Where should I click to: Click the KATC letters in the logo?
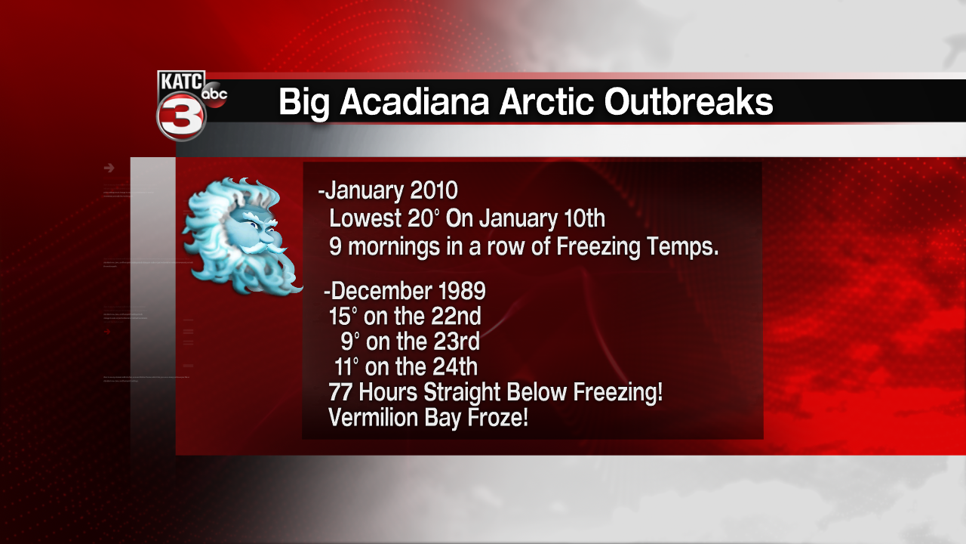[181, 82]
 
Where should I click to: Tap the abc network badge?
[214, 94]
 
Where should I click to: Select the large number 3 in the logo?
[181, 116]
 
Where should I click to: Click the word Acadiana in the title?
[414, 102]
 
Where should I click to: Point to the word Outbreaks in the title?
[688, 102]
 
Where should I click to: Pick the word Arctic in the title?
[547, 102]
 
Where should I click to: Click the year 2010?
[434, 190]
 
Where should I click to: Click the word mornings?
[393, 247]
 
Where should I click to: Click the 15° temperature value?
[343, 316]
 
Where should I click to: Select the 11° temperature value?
[346, 367]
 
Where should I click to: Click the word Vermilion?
[373, 418]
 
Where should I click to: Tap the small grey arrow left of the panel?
[109, 168]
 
